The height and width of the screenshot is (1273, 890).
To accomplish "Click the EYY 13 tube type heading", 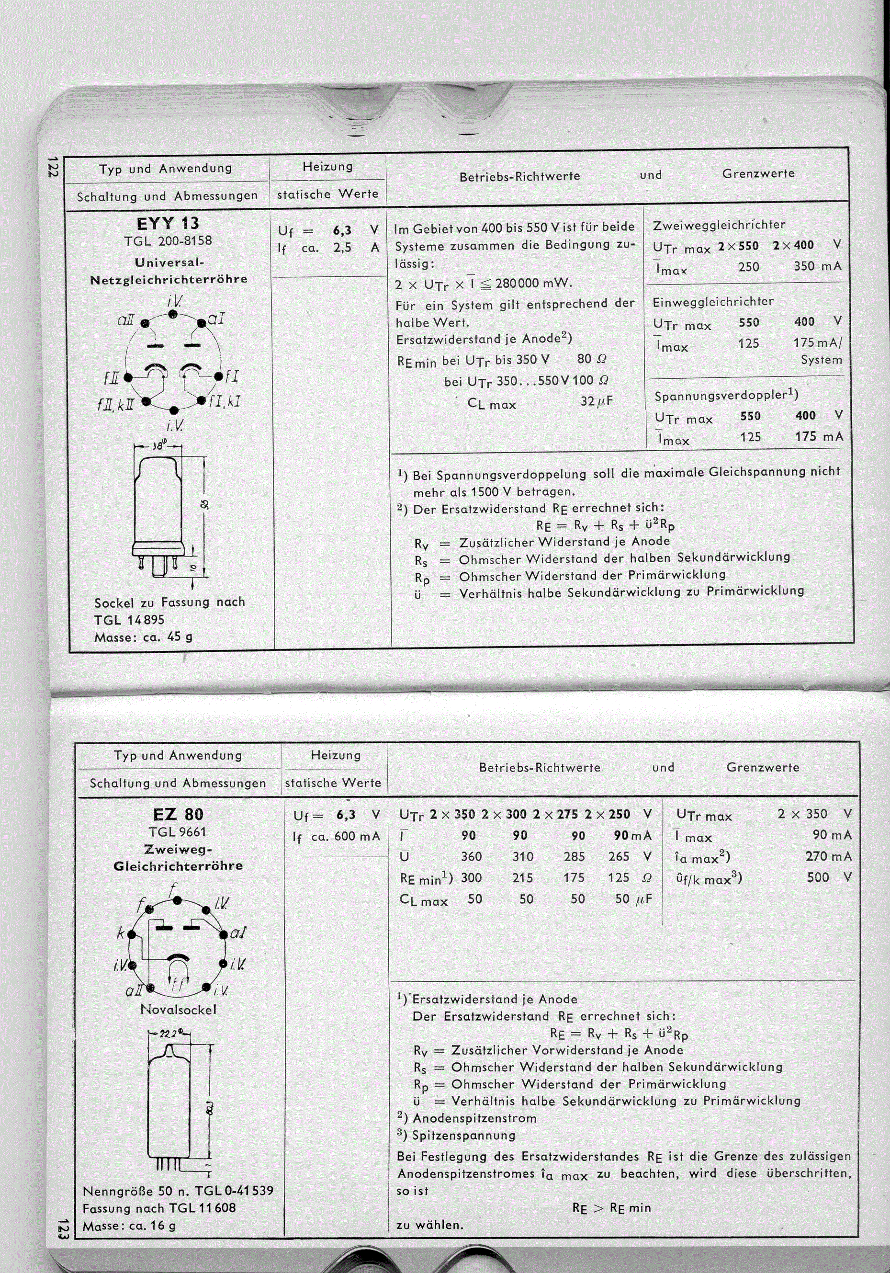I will click(x=168, y=224).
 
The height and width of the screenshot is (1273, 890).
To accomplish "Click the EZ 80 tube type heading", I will click(x=178, y=815).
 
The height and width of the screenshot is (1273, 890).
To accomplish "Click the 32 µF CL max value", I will click(x=597, y=401).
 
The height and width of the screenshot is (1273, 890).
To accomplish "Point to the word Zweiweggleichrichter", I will click(x=719, y=225).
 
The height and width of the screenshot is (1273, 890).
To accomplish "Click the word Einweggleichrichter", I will click(x=713, y=302).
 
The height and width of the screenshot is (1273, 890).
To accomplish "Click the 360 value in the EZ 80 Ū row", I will click(x=471, y=857).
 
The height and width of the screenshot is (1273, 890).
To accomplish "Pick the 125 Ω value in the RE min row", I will click(x=618, y=878).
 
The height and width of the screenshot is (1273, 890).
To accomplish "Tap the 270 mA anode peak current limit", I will click(x=828, y=857).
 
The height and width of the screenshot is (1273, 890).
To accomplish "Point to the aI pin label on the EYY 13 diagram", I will click(x=215, y=319).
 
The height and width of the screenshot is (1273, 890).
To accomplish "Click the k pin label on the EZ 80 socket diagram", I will click(x=120, y=934).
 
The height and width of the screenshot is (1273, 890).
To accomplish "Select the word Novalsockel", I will click(x=178, y=1010).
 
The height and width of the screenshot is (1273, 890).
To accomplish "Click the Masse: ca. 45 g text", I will click(x=143, y=637).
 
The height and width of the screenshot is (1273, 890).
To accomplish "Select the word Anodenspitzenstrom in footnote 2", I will click(x=474, y=1118).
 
